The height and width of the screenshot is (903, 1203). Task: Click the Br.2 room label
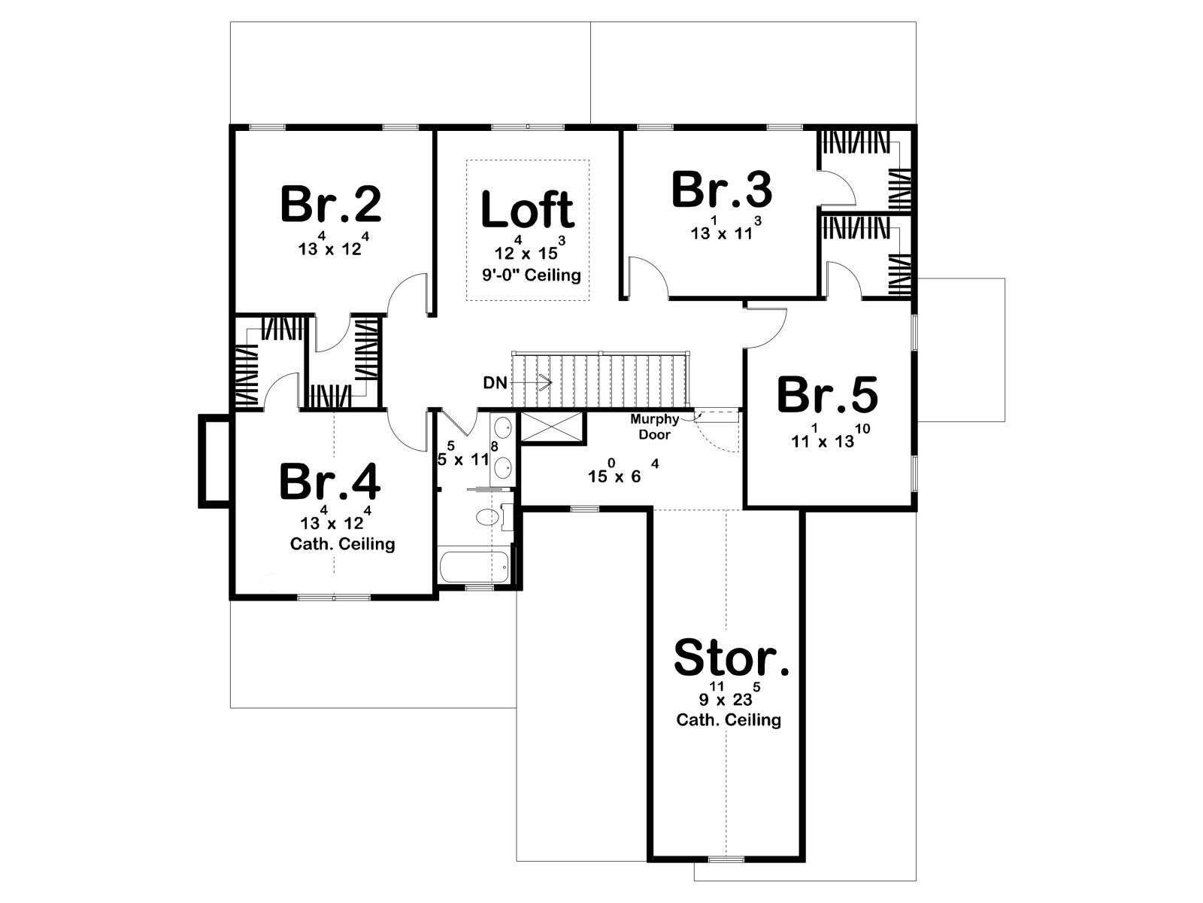pyautogui.click(x=331, y=204)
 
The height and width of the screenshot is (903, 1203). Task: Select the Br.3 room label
pyautogui.click(x=722, y=190)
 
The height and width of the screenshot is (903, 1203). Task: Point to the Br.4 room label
pyautogui.click(x=329, y=482)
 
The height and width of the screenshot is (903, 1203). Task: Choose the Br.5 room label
pyautogui.click(x=827, y=394)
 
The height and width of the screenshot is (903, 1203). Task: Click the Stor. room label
pyautogui.click(x=732, y=657)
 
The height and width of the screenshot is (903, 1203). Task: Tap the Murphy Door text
pyautogui.click(x=654, y=427)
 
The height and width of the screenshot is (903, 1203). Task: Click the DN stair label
pyautogui.click(x=495, y=383)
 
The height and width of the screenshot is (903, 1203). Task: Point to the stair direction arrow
pyautogui.click(x=531, y=382)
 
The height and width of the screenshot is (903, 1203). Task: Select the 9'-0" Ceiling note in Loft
pyautogui.click(x=531, y=274)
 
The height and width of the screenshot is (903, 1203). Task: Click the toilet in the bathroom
pyautogui.click(x=488, y=517)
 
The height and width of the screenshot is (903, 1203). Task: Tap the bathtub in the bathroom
pyautogui.click(x=474, y=567)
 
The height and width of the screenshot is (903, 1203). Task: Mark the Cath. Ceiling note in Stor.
pyautogui.click(x=729, y=719)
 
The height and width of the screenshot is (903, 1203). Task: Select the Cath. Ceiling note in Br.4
pyautogui.click(x=343, y=543)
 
